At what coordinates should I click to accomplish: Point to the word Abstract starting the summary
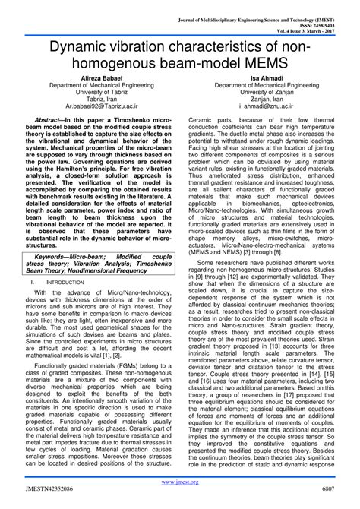52,120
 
